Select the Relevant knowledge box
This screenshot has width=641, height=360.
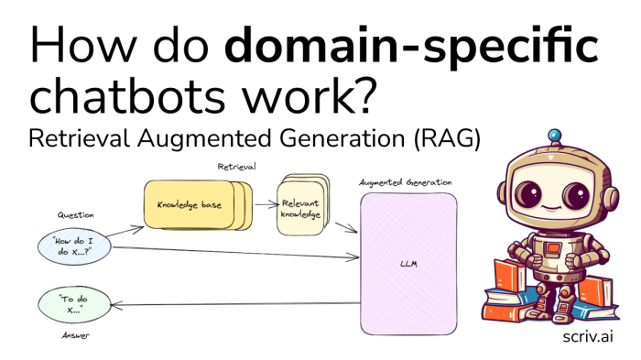[x=299, y=209]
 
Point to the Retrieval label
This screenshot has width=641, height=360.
[x=236, y=167]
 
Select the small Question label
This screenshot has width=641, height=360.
[x=75, y=215]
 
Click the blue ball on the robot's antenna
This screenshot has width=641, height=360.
[x=553, y=136]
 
